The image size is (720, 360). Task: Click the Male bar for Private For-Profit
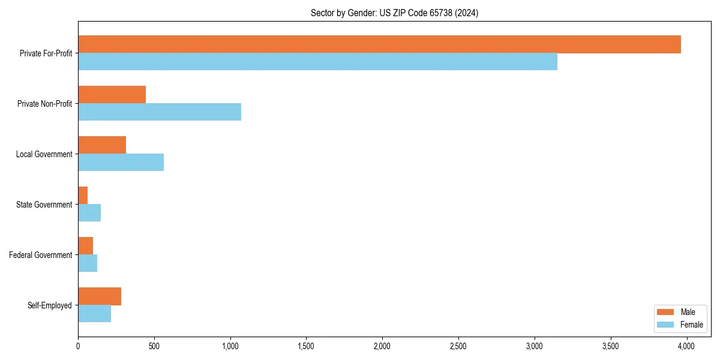coord(379,44)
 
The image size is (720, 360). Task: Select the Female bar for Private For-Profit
coord(317,62)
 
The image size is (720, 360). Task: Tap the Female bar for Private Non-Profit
coord(160,112)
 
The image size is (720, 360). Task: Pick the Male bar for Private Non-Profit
coord(112,95)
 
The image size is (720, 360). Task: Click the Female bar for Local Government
coord(121,163)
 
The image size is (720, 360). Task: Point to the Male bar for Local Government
coord(102,145)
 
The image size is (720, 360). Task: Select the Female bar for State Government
coord(89,213)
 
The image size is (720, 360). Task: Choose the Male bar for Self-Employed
coord(100,296)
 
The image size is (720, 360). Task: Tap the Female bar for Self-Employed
coord(94,314)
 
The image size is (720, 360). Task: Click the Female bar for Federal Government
coord(88,263)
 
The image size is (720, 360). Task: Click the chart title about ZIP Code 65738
coord(394,13)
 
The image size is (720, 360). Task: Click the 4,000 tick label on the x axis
coord(686,346)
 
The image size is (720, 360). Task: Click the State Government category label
coord(44,205)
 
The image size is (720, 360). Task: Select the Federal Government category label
coord(41,255)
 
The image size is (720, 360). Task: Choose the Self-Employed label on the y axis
coord(50,305)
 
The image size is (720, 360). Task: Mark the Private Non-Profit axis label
coord(44,104)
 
